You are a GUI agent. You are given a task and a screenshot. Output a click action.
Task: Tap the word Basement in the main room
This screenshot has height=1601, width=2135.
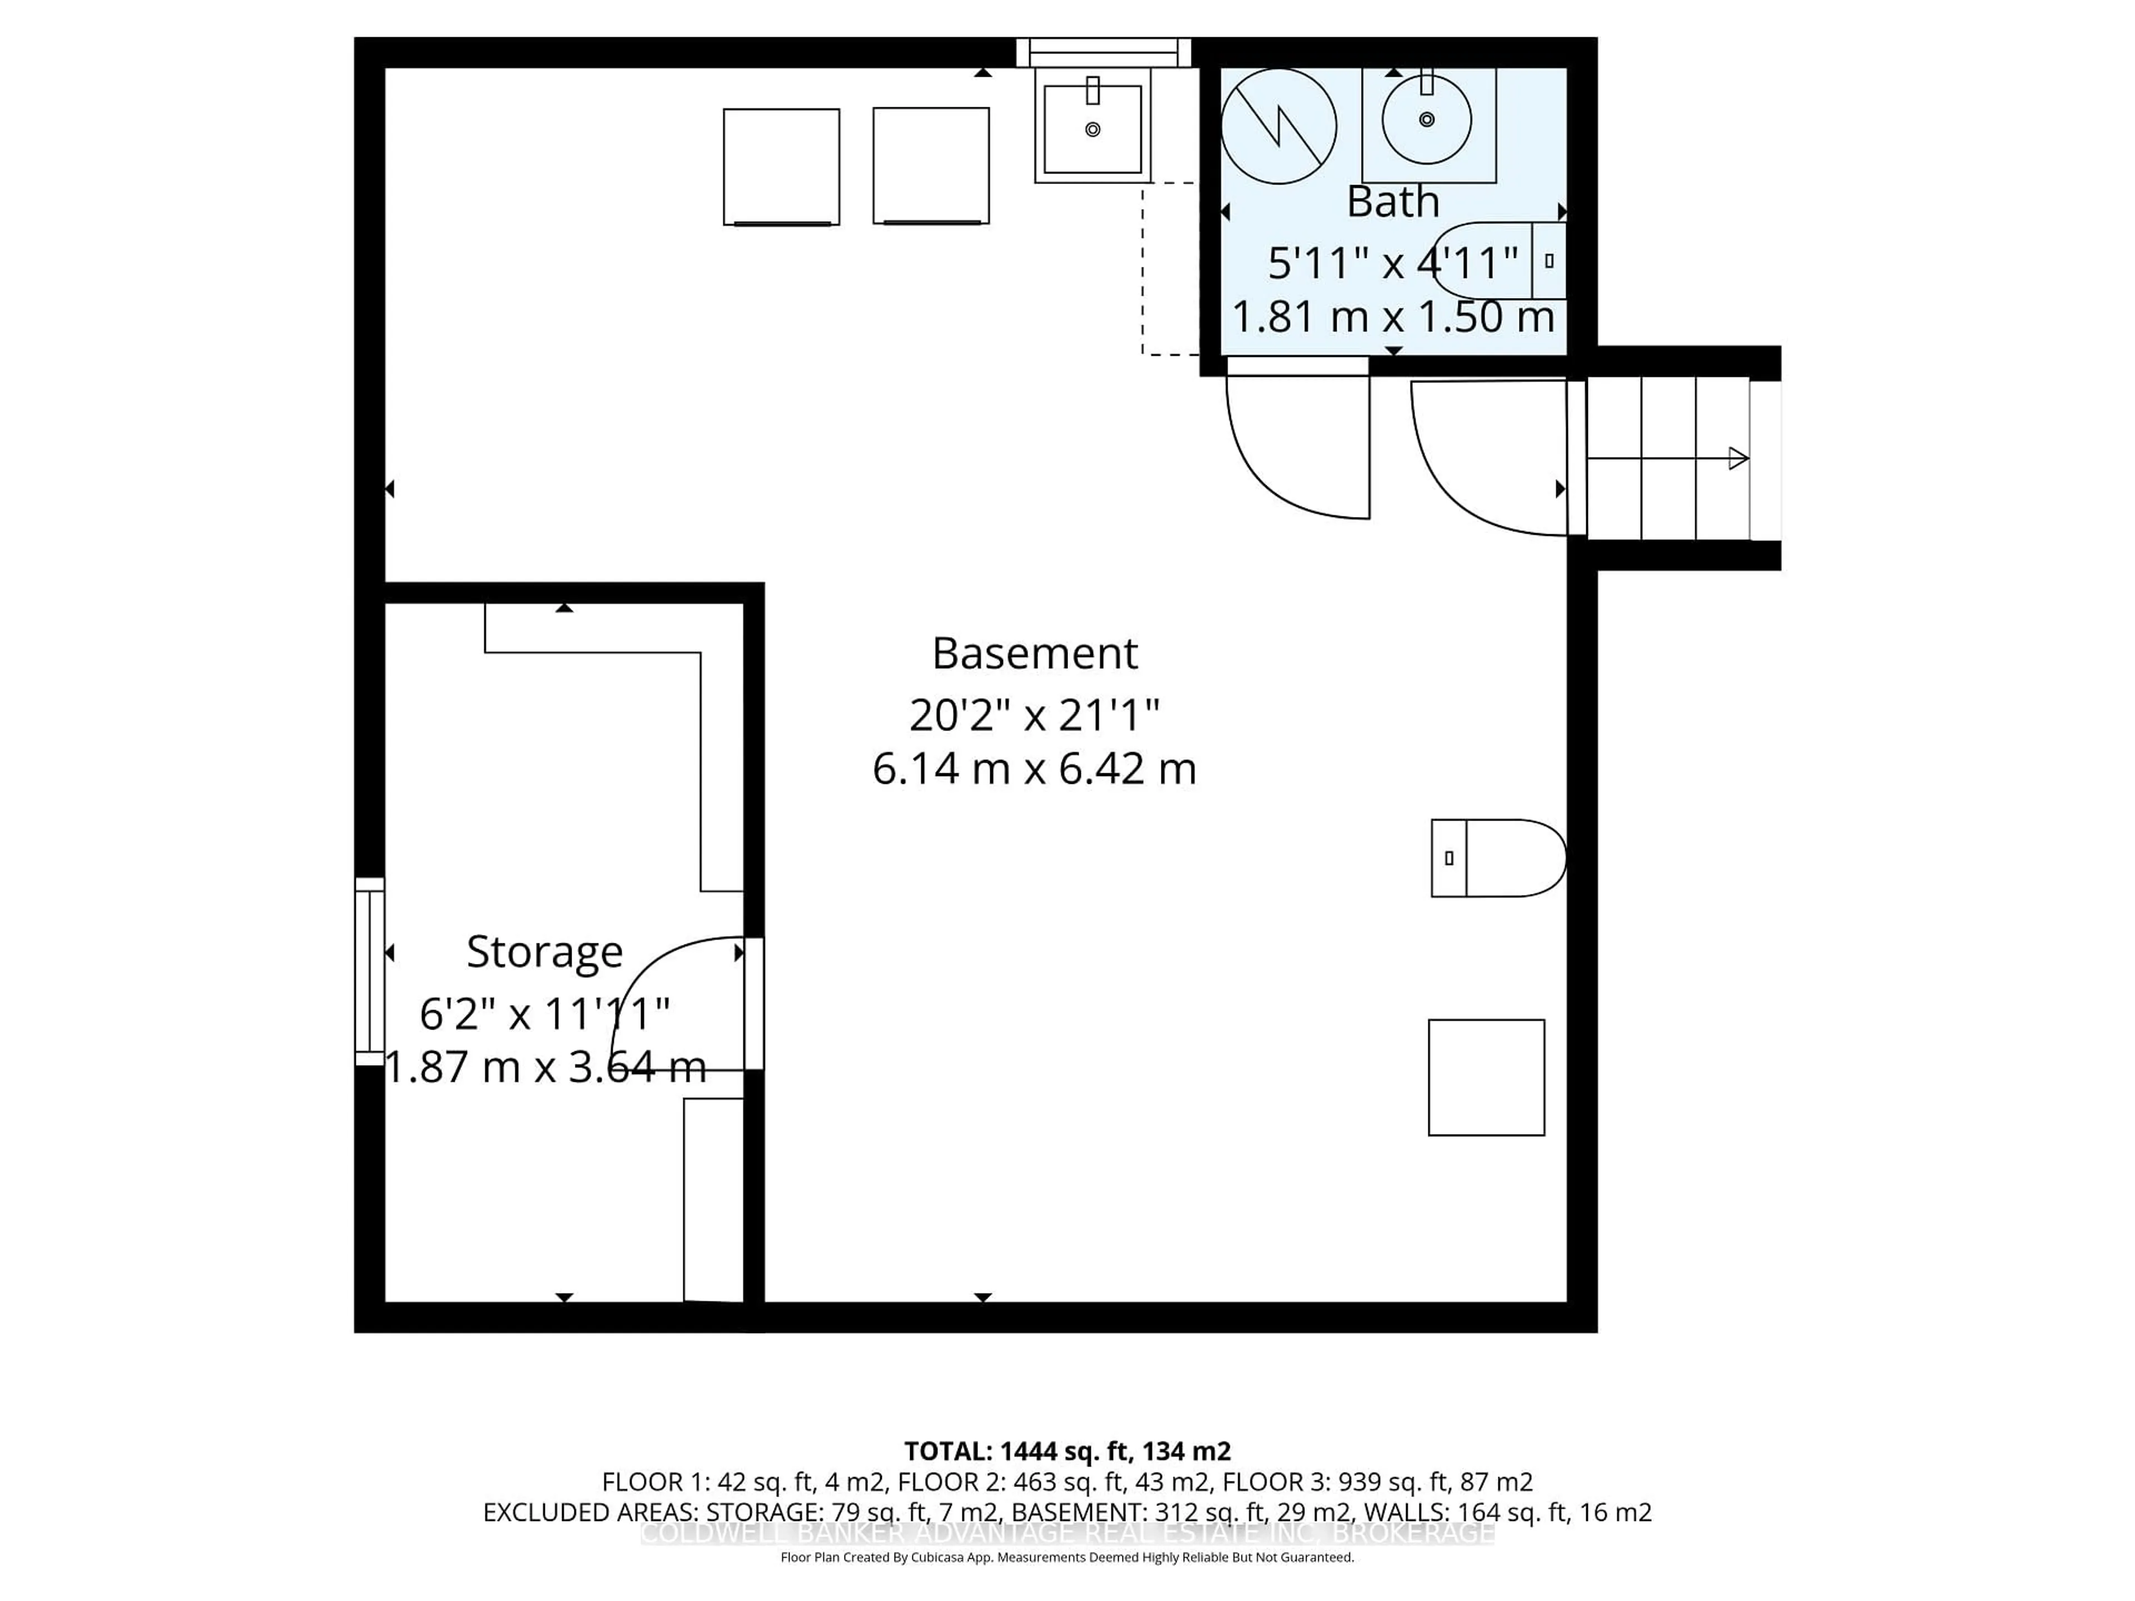pyautogui.click(x=1035, y=653)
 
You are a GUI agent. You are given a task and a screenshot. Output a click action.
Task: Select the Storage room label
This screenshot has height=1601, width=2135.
pyautogui.click(x=544, y=952)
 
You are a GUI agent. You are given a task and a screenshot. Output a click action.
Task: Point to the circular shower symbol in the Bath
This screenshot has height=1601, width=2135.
pyautogui.click(x=1279, y=126)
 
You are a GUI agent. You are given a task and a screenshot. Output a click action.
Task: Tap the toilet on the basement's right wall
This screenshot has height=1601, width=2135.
pyautogui.click(x=1498, y=858)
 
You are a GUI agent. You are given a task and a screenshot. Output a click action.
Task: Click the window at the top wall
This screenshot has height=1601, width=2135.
pyautogui.click(x=1103, y=52)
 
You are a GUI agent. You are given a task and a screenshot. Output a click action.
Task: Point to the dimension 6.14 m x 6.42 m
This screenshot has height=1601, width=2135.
pyautogui.click(x=1035, y=769)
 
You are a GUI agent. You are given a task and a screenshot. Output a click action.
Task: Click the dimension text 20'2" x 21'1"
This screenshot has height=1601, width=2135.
pyautogui.click(x=1035, y=715)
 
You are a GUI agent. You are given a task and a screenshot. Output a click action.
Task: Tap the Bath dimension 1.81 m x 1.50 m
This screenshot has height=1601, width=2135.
pyautogui.click(x=1393, y=316)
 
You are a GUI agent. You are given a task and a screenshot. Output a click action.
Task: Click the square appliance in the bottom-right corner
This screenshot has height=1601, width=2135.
pyautogui.click(x=1486, y=1077)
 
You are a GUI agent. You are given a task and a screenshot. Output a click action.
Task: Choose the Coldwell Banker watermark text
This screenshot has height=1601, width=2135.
pyautogui.click(x=1067, y=1533)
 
